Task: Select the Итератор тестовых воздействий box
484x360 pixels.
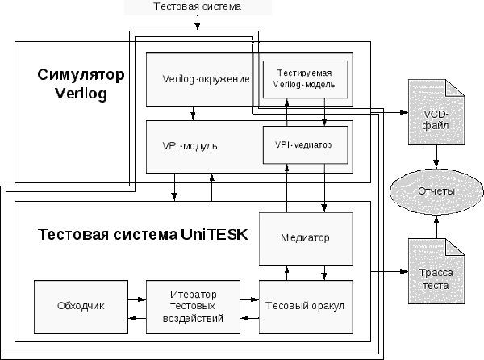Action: click(x=194, y=307)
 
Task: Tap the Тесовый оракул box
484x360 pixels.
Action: click(x=306, y=306)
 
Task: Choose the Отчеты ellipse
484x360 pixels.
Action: click(x=437, y=190)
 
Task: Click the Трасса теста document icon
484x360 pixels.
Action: click(x=437, y=272)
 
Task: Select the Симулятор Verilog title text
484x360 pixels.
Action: click(x=81, y=84)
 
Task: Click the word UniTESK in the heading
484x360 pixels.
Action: click(x=219, y=235)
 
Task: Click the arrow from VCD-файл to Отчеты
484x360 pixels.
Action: click(x=437, y=158)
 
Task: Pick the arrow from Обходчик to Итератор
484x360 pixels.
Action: click(x=136, y=299)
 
